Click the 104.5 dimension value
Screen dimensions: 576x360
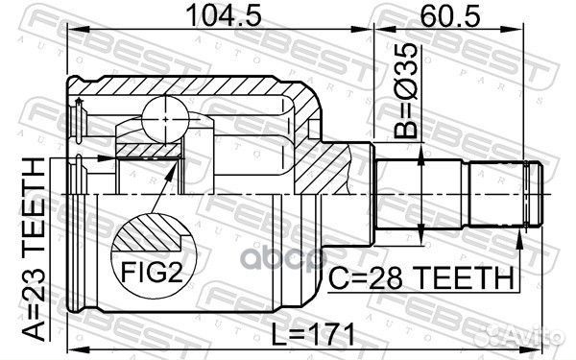click(224, 15)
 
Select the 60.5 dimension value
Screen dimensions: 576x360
click(450, 15)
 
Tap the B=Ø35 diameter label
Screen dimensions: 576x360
click(405, 91)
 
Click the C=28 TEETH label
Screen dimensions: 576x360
click(421, 278)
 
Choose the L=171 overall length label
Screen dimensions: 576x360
click(313, 334)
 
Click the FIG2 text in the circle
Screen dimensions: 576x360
click(152, 273)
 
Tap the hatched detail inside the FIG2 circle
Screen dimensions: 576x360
click(148, 233)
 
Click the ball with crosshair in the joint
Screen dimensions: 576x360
click(165, 119)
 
